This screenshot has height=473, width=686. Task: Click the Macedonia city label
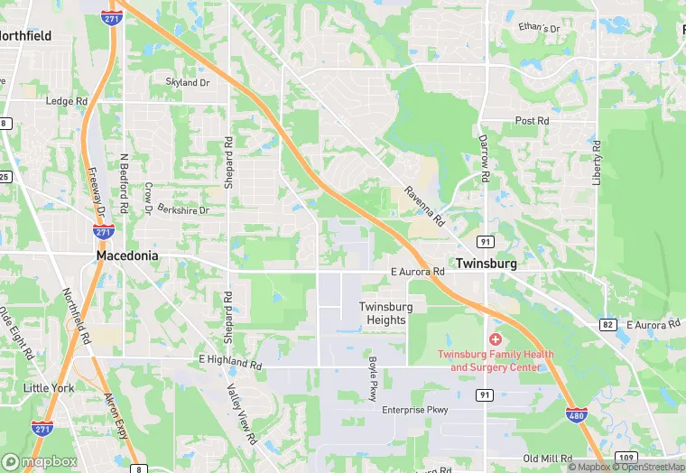point(127,256)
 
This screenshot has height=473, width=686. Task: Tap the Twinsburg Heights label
point(386,313)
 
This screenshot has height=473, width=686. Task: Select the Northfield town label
point(25,36)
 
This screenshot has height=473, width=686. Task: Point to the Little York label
point(49,388)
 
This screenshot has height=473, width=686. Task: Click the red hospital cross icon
point(495,339)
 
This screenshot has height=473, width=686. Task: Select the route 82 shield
point(607,324)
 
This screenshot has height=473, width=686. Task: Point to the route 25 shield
point(5,176)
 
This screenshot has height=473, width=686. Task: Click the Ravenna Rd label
point(424,208)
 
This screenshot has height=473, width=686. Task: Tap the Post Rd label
point(532,121)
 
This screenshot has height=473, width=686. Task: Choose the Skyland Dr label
point(188,82)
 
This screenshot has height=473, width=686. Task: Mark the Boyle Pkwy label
point(372,378)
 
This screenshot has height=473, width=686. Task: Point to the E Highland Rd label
point(230,360)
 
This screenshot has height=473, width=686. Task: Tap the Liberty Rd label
point(597,162)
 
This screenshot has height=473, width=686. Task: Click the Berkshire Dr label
point(183,210)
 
